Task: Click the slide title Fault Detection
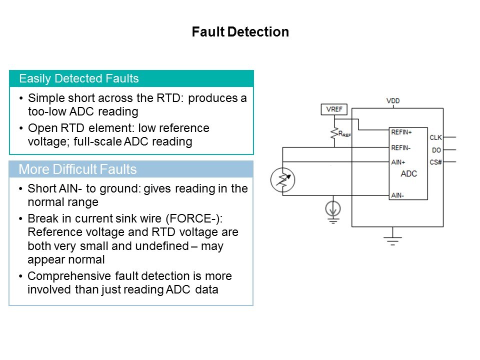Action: click(240, 32)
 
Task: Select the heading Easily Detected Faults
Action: click(78, 78)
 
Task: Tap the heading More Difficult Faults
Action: click(77, 169)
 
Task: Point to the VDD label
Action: click(393, 101)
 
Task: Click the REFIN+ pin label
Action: click(401, 132)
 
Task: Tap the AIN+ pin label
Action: click(398, 161)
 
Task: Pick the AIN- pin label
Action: click(397, 195)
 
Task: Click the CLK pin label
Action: click(435, 137)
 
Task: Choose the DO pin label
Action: click(435, 149)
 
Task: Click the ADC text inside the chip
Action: click(408, 174)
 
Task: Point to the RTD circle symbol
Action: click(282, 180)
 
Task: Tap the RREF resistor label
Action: click(344, 134)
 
